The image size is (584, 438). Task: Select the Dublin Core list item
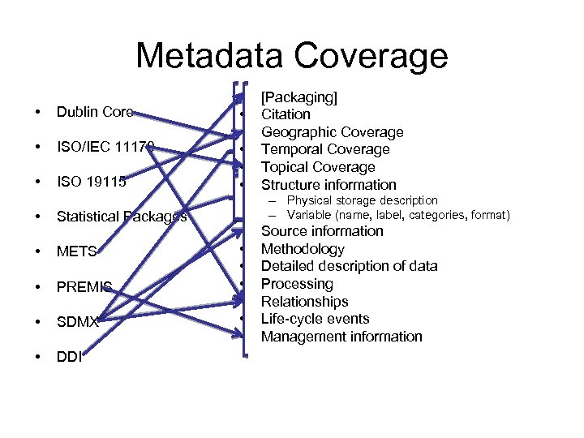click(94, 112)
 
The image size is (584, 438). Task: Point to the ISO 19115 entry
click(92, 182)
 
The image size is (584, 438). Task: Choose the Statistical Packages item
click(122, 217)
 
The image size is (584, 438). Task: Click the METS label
click(77, 251)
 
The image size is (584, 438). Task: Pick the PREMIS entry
click(84, 286)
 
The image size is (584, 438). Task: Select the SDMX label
click(78, 321)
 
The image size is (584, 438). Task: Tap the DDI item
click(70, 356)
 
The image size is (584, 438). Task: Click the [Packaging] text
click(299, 97)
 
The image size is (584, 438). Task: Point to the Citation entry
click(286, 114)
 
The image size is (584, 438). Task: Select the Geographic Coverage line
click(332, 132)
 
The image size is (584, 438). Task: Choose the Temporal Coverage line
click(325, 149)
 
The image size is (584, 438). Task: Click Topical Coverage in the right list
click(318, 167)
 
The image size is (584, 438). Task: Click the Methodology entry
click(303, 249)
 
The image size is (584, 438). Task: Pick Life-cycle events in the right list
click(315, 319)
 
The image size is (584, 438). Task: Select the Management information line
click(341, 337)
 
